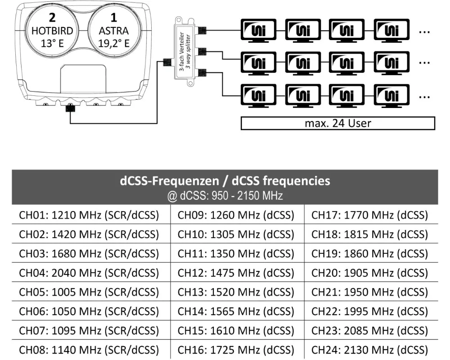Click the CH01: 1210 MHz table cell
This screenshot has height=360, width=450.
89,215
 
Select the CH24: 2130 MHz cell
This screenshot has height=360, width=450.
369,350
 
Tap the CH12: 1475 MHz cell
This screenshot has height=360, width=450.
236,273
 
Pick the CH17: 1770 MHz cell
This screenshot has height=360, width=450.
369,215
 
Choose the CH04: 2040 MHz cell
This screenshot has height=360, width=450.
89,273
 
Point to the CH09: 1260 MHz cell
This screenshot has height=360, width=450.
236,215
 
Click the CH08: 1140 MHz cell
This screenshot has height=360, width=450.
89,350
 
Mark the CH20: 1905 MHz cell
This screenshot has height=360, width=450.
369,273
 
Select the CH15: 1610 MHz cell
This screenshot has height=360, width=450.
236,330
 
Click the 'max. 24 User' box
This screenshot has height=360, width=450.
338,123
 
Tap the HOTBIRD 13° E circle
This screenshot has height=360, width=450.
52,31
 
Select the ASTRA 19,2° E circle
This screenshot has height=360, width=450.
113,31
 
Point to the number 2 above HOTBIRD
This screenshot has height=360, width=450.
52,18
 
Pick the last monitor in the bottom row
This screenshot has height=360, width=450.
392,95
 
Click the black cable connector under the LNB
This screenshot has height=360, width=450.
70,109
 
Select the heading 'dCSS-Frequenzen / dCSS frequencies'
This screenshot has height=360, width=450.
225,181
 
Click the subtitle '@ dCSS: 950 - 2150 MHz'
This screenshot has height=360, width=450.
225,196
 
